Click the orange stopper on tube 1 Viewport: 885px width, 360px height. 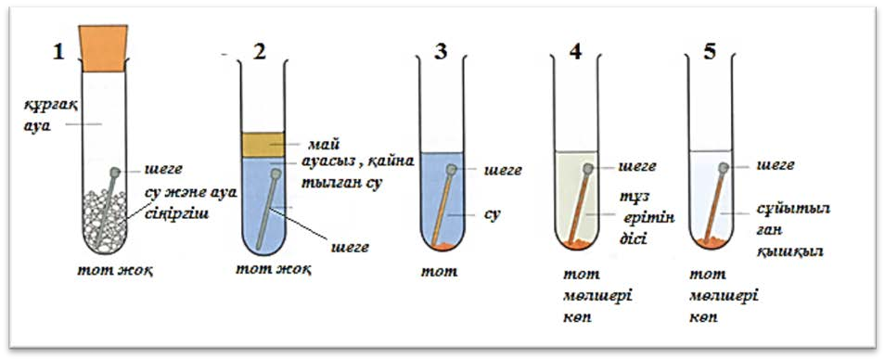tap(103, 48)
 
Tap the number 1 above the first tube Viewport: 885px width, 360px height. tap(58, 52)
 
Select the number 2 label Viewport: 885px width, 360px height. tap(259, 52)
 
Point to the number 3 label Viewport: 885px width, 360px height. tap(440, 52)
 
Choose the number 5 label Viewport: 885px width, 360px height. tap(710, 52)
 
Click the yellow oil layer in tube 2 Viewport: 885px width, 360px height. tap(263, 145)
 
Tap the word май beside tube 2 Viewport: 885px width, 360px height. tap(318, 145)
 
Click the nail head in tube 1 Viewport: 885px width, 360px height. tap(115, 172)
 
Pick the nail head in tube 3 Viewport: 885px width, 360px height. tap(452, 169)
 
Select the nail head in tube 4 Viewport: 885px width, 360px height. tap(588, 168)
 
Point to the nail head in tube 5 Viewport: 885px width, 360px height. tap(723, 167)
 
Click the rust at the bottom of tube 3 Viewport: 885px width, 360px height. tap(442, 246)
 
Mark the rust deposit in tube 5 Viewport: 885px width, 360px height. tap(712, 243)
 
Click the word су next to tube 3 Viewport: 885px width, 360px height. tap(494, 215)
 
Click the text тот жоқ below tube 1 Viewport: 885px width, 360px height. tap(116, 270)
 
